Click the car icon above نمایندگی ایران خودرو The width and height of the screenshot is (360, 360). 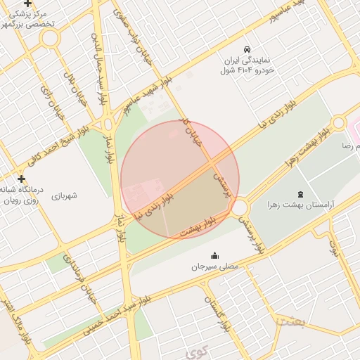coord(247,50)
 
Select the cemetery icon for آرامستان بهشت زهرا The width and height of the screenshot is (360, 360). coord(301,193)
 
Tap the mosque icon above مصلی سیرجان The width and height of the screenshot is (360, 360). coord(214,255)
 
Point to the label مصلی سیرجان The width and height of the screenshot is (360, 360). coord(214,267)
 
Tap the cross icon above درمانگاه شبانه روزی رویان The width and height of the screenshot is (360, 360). coord(21,178)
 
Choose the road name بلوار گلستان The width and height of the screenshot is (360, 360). coord(217,314)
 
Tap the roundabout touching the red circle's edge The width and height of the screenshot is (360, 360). coord(240,208)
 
